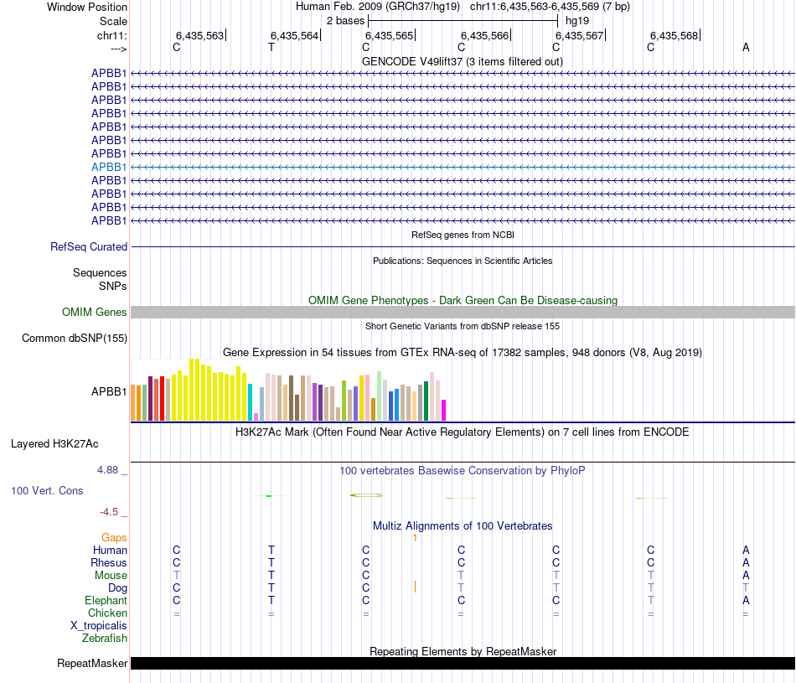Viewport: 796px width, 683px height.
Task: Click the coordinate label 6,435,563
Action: point(199,35)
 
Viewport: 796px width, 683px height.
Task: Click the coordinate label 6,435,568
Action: point(674,35)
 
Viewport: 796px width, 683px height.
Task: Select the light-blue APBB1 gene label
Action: point(109,167)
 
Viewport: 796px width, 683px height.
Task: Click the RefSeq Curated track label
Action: point(89,247)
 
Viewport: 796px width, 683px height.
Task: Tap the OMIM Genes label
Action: point(95,313)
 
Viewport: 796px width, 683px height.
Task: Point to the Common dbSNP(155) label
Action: point(74,339)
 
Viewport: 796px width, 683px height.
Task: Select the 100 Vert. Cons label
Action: point(47,490)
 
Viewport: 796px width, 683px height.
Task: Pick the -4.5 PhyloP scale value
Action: point(109,511)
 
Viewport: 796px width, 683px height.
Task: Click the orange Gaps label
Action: point(114,537)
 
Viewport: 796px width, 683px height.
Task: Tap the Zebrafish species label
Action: point(105,639)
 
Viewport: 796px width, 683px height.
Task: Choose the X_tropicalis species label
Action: point(99,626)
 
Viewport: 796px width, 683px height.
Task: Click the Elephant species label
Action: point(106,601)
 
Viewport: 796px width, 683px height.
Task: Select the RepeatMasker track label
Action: point(92,664)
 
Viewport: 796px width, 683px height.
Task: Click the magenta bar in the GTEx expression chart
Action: point(444,410)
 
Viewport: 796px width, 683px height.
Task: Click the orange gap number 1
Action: point(415,537)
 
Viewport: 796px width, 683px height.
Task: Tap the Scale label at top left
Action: point(113,20)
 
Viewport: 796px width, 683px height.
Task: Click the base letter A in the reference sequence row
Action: point(746,47)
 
